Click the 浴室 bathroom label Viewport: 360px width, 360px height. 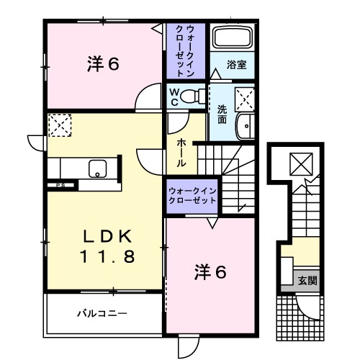(237, 64)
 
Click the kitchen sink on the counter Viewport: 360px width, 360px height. (96, 170)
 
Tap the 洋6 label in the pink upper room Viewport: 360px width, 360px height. (103, 64)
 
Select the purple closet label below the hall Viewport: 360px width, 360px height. (192, 196)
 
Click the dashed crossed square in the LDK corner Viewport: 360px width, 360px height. (59, 126)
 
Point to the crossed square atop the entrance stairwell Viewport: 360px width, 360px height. (297, 165)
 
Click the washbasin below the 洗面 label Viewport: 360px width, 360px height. (246, 125)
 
